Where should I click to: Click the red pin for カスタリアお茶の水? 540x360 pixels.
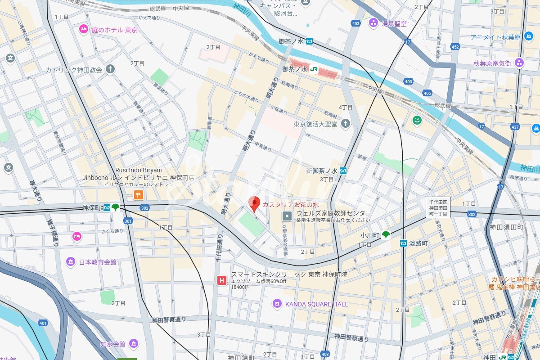[x=254, y=204]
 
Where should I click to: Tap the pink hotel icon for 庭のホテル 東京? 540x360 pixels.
[x=83, y=30]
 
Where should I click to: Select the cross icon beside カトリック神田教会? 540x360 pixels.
[x=110, y=69]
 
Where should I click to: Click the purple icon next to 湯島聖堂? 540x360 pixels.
[x=373, y=23]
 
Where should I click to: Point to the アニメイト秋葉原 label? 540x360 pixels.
[x=495, y=37]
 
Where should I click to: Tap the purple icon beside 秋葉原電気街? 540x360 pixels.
[x=520, y=63]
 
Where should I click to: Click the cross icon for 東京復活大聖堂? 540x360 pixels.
[x=345, y=124]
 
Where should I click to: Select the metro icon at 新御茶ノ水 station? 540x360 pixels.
[x=343, y=171]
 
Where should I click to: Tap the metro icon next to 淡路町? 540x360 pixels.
[x=403, y=243]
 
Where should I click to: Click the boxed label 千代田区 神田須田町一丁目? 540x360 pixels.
[x=438, y=207]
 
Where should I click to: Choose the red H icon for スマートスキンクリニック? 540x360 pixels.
[x=222, y=280]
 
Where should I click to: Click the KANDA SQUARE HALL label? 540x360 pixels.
[x=316, y=304]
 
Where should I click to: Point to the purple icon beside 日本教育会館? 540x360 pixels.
[x=70, y=261]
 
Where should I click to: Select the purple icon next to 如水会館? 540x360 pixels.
[x=133, y=344]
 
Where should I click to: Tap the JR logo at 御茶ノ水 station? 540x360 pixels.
[x=314, y=69]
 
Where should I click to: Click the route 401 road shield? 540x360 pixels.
[x=43, y=323]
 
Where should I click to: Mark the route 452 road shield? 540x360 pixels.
[x=455, y=47]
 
